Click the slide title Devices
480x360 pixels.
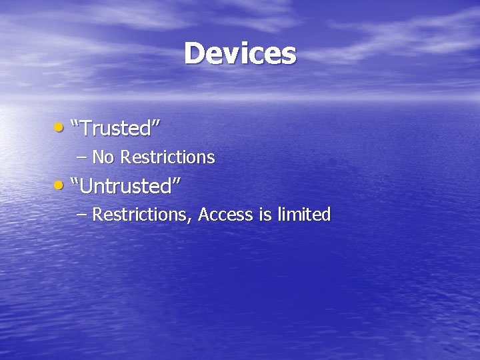(240, 53)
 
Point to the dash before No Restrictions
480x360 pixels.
(81, 158)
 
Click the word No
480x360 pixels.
(103, 157)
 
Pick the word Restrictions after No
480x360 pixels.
(167, 157)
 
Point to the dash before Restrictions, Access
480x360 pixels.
(81, 215)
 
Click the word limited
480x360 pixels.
(303, 215)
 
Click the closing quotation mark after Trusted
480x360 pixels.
(157, 123)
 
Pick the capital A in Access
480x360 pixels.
(204, 215)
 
